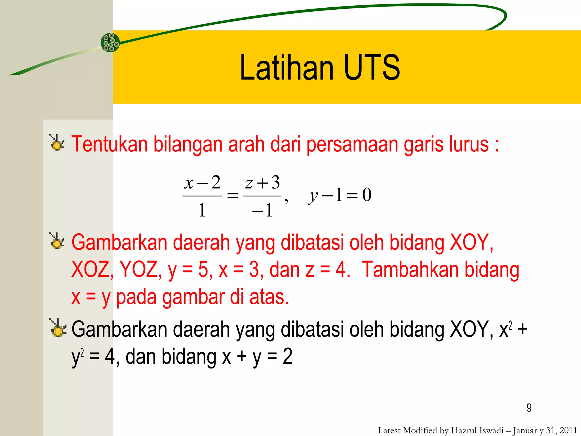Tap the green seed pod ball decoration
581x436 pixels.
(110, 43)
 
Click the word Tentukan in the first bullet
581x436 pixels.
(109, 144)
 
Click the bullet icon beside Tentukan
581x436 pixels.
(57, 143)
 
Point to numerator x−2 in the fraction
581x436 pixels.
(202, 183)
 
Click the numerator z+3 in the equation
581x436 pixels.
(262, 183)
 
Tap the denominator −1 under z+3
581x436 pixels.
(262, 210)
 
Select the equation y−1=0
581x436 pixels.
(340, 195)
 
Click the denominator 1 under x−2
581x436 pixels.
(202, 210)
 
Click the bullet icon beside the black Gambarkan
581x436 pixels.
(58, 328)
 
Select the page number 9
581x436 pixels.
(529, 408)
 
